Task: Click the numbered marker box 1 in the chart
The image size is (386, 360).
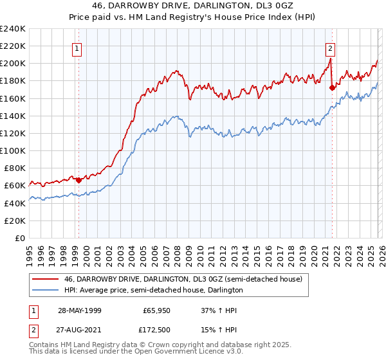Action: tap(77, 48)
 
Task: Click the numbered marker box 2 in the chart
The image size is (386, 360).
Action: tap(330, 48)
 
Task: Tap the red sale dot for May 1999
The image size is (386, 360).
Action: tap(78, 180)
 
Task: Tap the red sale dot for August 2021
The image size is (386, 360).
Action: tap(332, 88)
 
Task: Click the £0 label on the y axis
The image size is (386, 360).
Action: tap(19, 238)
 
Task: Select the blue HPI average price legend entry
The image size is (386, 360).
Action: tap(153, 290)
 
